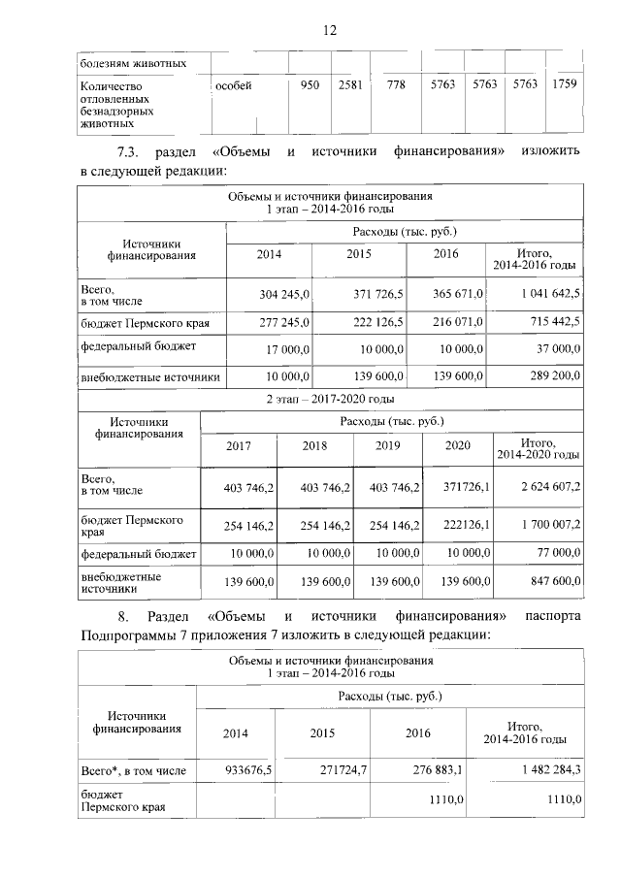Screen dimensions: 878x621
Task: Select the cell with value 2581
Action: point(349,85)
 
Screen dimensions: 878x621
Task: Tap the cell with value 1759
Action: point(563,84)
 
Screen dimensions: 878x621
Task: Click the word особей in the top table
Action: point(233,85)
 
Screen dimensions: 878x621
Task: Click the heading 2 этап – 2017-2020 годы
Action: point(329,398)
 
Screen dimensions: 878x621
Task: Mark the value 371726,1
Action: point(462,486)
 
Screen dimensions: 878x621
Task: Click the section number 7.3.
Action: point(130,152)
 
